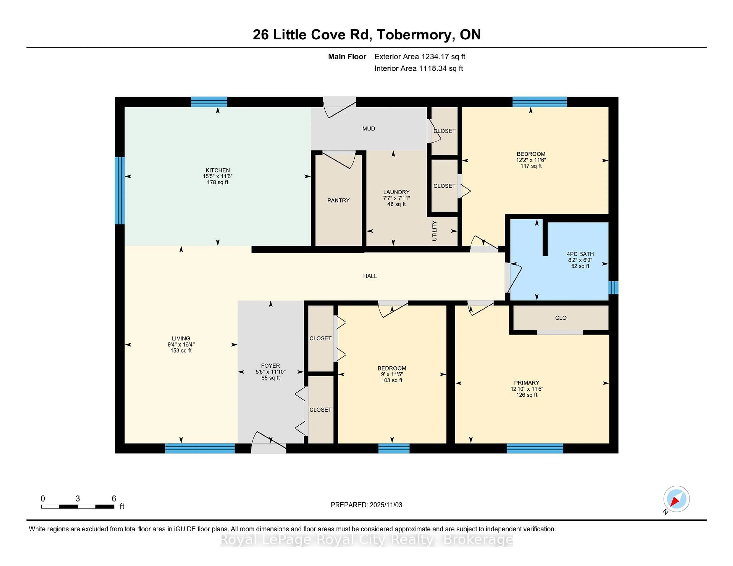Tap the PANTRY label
338,200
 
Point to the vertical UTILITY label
434,231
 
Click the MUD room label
369,128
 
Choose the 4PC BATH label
580,254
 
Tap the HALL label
370,276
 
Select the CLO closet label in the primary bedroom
560,318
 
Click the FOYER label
270,366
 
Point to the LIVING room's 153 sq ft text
181,350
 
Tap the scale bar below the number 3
77,506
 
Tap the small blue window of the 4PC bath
613,287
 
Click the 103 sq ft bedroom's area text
392,380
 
